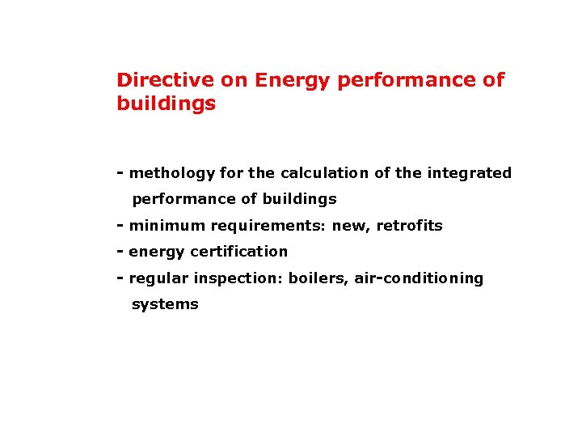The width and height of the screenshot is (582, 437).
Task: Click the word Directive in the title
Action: click(x=157, y=80)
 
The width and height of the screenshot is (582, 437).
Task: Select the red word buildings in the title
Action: click(x=166, y=104)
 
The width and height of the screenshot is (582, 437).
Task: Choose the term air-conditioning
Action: click(x=419, y=278)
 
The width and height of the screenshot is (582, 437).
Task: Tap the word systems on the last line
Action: click(x=165, y=304)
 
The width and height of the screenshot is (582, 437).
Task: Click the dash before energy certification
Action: click(x=120, y=252)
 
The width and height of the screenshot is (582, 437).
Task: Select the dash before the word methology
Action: click(x=120, y=173)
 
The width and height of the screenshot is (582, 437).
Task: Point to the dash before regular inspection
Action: click(x=120, y=278)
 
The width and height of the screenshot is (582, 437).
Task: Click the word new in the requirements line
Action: click(x=348, y=226)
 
